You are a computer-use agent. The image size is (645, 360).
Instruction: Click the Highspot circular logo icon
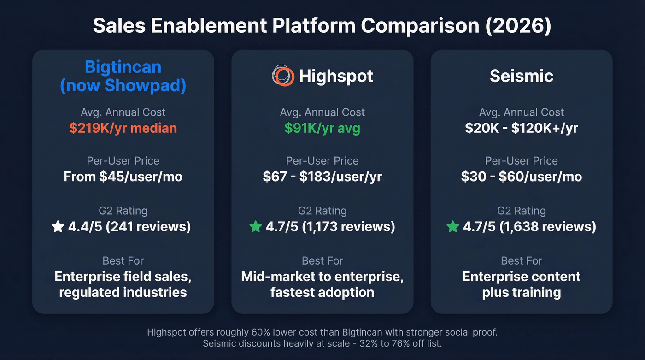coord(282,76)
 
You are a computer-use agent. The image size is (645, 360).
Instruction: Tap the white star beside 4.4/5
coord(58,227)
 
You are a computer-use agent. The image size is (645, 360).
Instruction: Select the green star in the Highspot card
coord(255,227)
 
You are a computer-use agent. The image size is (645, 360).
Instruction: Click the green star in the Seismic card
coord(453,227)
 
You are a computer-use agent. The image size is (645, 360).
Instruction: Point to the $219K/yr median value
coord(123,128)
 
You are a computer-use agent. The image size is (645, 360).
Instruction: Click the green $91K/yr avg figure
coord(322,128)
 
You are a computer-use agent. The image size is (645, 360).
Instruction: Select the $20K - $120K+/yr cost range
coord(522,128)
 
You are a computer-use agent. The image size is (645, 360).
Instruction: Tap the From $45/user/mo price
coord(123,177)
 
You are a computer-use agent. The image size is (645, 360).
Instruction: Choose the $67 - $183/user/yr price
coord(322,177)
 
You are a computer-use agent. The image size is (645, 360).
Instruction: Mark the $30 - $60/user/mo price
coord(522,177)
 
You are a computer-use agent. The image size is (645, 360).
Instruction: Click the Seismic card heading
coord(522,76)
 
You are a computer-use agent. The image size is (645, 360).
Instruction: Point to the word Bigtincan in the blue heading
coord(123,67)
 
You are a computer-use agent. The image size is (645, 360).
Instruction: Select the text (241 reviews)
coord(148,227)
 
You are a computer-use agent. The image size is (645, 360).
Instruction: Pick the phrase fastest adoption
coord(322,292)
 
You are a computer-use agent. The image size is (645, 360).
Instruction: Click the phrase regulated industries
coord(123,292)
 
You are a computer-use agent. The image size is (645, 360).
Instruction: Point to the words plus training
coord(522,292)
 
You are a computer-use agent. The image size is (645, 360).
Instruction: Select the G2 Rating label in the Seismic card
coord(522,211)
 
